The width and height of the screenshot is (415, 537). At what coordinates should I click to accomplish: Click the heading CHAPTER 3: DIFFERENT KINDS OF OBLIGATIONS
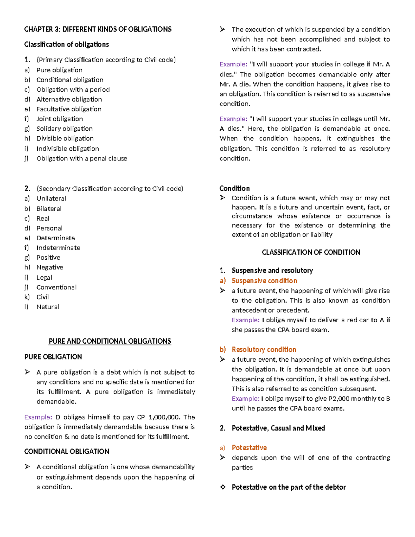pos(98,29)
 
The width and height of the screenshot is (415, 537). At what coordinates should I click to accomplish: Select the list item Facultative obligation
pos(69,109)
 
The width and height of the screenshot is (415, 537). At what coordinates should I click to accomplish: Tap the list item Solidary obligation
pos(64,129)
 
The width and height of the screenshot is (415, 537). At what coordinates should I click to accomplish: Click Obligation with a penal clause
pos(82,158)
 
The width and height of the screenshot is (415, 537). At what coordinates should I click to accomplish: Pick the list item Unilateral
pos(51,198)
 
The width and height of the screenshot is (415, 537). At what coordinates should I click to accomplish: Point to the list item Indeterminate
pos(58,248)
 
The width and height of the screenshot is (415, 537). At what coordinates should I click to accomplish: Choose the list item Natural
pos(48,307)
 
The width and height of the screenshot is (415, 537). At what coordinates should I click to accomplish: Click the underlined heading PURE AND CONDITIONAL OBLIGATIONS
pos(110,341)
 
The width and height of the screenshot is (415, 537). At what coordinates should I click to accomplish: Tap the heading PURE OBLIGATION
pos(53,357)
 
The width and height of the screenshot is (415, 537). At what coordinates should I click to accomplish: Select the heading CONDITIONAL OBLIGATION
pos(66,452)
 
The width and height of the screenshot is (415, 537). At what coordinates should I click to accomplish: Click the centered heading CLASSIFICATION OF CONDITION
pos(311,252)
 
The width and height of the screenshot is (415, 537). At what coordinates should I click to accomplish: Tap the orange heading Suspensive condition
pos(264,281)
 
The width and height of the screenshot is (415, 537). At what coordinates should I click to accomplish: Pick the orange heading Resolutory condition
pos(264,350)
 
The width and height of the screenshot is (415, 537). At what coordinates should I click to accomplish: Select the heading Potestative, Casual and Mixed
pos(278,428)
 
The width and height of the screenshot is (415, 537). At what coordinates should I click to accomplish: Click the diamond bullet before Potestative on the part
pos(223,487)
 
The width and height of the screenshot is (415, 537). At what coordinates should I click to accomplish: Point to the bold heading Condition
pos(234,188)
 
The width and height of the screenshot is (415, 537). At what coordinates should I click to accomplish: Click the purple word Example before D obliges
pos(38,417)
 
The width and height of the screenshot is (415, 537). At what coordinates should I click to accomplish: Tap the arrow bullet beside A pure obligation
pos(27,372)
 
